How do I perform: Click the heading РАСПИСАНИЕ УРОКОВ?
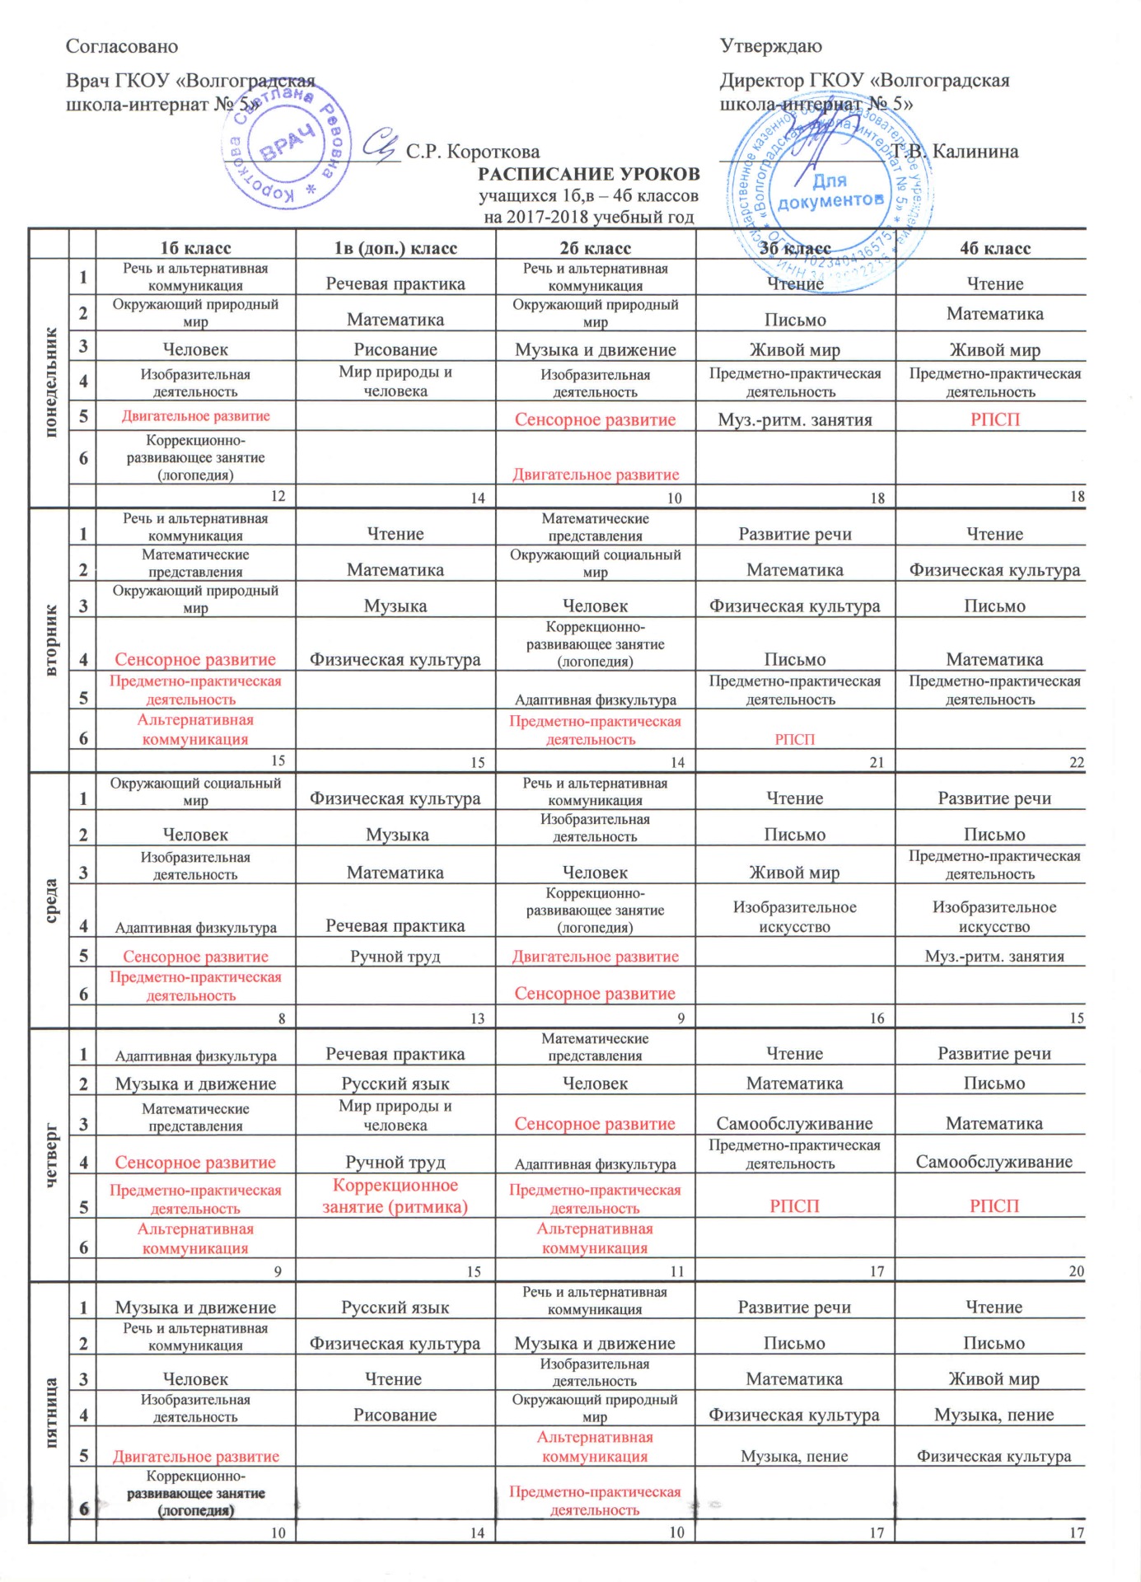tap(589, 174)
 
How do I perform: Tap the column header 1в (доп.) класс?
tap(395, 248)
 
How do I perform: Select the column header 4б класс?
tap(994, 248)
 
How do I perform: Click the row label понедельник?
tap(50, 381)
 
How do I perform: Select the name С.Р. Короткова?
tap(473, 152)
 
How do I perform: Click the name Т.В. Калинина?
tap(956, 152)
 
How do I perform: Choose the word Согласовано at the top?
tap(122, 46)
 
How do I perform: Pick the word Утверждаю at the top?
tap(771, 46)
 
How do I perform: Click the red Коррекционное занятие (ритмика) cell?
tap(395, 1196)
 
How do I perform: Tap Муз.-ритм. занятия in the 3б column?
tap(795, 419)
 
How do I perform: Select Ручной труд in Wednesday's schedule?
tap(395, 956)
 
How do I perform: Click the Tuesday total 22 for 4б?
tap(1076, 762)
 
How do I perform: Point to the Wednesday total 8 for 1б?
tap(282, 1018)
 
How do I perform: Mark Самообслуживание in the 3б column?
tap(794, 1123)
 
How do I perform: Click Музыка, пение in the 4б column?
tap(994, 1415)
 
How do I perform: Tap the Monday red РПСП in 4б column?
tap(994, 419)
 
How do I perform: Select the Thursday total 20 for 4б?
tap(1076, 1271)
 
